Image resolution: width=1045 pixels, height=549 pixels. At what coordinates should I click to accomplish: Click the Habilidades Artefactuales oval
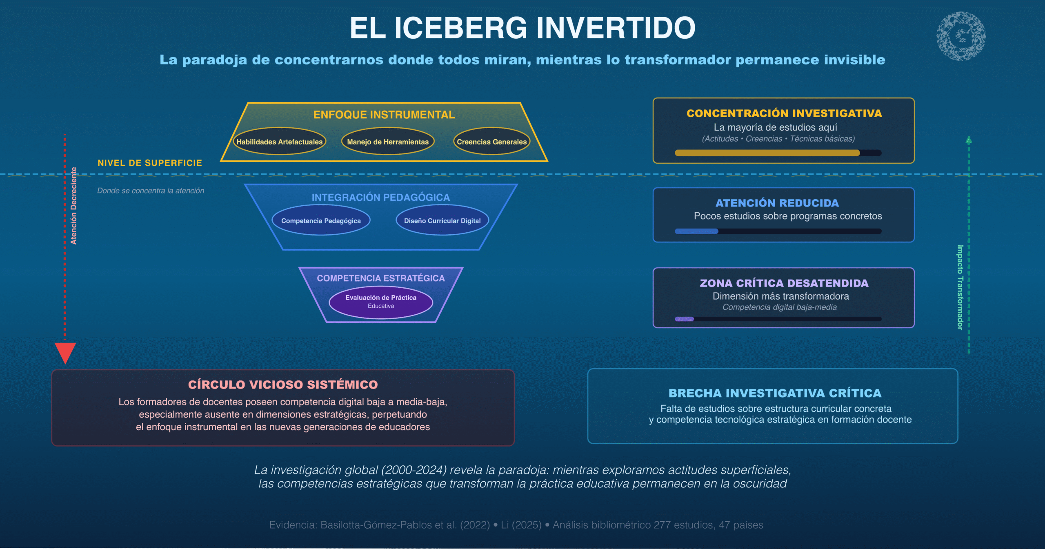point(280,142)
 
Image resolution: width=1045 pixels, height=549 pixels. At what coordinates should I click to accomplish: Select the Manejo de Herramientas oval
point(388,142)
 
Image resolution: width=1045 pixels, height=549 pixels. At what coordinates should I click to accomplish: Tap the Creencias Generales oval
point(491,142)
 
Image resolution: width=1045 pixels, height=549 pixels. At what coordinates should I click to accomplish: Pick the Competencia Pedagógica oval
point(321,220)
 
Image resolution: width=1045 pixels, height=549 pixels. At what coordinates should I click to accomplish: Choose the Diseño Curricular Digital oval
point(442,220)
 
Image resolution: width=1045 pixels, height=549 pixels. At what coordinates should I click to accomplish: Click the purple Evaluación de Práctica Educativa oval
point(381,302)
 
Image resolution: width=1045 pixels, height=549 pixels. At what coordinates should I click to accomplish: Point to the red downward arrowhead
point(65,352)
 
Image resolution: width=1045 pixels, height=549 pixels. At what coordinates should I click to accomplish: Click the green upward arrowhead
point(969,140)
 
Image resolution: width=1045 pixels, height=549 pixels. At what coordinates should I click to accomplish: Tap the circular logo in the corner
point(961,36)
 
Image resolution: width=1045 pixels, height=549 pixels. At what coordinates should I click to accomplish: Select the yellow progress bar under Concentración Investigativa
point(767,153)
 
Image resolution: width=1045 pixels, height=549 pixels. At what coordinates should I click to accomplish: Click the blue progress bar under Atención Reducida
point(696,231)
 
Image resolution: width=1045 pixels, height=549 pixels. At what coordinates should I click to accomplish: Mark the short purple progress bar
point(684,319)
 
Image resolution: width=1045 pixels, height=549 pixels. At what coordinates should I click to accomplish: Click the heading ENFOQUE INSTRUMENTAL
point(384,115)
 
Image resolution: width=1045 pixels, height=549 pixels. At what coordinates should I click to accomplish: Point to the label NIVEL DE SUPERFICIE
point(150,163)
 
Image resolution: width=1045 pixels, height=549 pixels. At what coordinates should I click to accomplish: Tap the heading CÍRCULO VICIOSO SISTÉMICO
point(283,385)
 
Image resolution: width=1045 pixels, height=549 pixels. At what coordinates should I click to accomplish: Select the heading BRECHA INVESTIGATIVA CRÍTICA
point(775,393)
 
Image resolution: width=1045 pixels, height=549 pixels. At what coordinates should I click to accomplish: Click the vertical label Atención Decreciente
point(74,206)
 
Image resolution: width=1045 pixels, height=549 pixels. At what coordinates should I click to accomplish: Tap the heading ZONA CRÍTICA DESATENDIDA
point(784,283)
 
